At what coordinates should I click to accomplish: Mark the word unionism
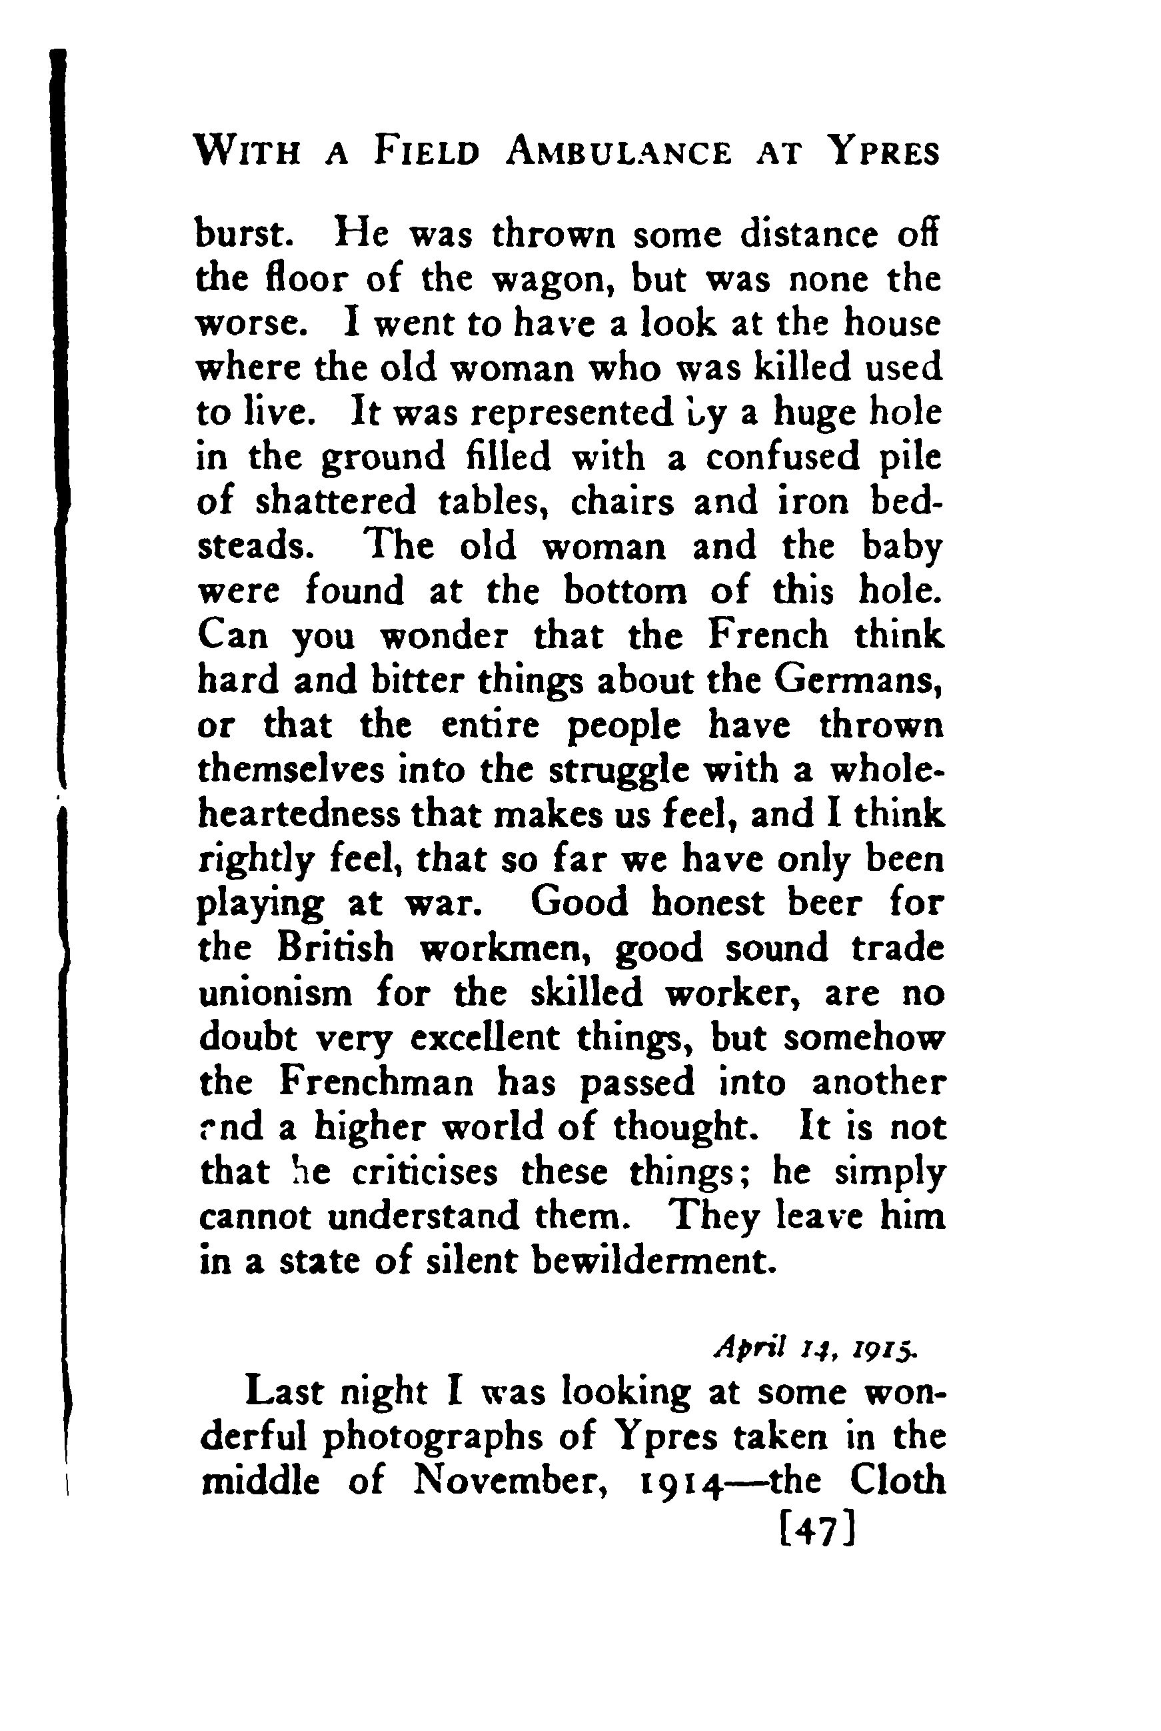275,994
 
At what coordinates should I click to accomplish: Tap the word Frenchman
378,1084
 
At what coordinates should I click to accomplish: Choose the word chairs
622,502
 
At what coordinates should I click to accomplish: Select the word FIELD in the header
427,153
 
